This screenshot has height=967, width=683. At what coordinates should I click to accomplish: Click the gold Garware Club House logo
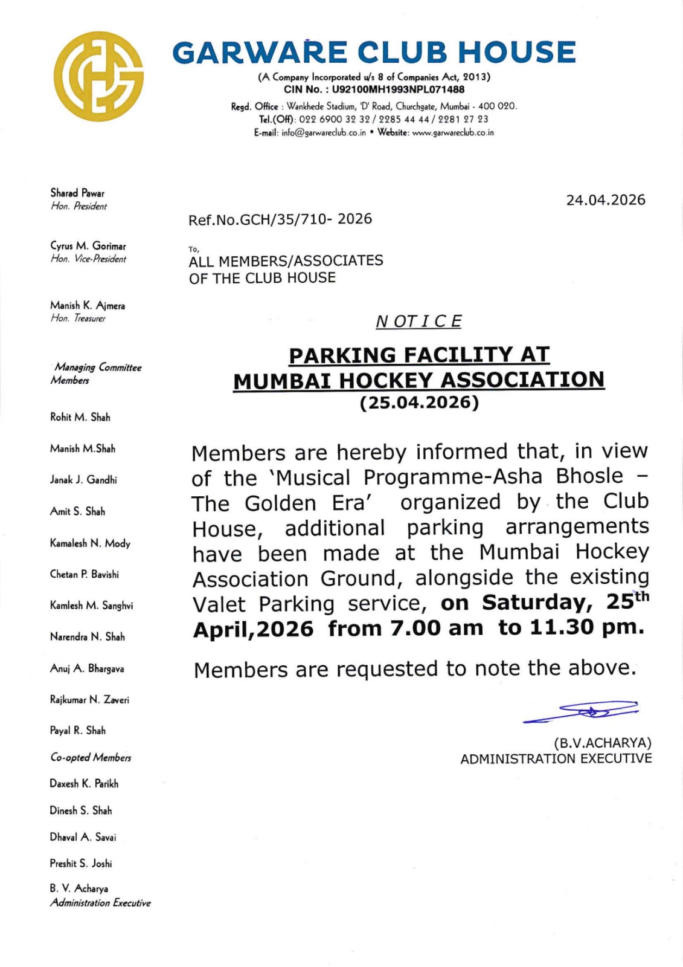coord(98,77)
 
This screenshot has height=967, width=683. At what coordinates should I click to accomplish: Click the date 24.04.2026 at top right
coord(605,200)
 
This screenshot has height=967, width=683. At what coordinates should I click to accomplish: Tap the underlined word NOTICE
coord(418,322)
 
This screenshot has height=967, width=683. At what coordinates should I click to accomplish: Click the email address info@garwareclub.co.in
coord(324,133)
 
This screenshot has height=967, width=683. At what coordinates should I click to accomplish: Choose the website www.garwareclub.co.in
coord(452,133)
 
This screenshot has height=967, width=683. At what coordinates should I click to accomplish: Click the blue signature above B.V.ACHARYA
coord(582,711)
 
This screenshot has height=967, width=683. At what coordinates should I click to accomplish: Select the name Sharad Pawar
coord(77,193)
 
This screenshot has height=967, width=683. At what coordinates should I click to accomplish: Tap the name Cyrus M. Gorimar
coord(88,246)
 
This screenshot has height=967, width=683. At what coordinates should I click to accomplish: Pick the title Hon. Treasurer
coord(78,319)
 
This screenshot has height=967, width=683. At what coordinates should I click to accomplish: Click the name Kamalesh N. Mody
coord(90,543)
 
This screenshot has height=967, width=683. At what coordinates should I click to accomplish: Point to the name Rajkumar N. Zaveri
coord(89,700)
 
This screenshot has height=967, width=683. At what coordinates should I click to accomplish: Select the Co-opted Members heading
coord(91,757)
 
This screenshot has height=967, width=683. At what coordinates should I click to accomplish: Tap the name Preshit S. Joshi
coord(81,864)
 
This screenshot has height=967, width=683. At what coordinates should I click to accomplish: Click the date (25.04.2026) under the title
coord(419,403)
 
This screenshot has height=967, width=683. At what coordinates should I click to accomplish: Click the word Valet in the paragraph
coord(219,604)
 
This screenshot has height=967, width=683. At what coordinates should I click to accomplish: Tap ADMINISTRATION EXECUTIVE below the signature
coord(556,758)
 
